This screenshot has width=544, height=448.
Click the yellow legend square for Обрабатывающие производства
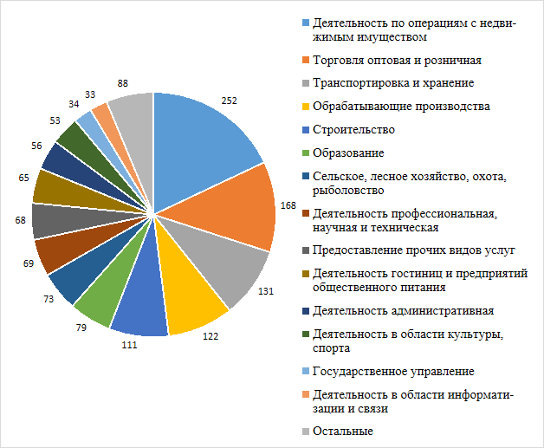point(305,107)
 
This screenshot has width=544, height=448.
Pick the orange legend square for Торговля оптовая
point(305,61)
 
